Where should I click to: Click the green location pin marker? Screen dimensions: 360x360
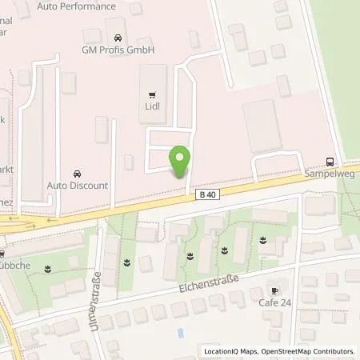pyautogui.click(x=182, y=161)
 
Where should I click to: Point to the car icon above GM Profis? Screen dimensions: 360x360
pyautogui.click(x=118, y=37)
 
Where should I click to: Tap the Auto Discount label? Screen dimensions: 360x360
pyautogui.click(x=77, y=186)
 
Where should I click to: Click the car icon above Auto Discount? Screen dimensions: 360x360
pyautogui.click(x=77, y=173)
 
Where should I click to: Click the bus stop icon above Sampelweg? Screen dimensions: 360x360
pyautogui.click(x=331, y=158)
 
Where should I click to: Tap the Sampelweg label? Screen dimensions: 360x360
pyautogui.click(x=330, y=171)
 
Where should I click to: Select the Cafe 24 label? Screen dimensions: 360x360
pyautogui.click(x=276, y=302)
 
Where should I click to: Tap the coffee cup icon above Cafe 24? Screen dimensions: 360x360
pyautogui.click(x=276, y=290)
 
